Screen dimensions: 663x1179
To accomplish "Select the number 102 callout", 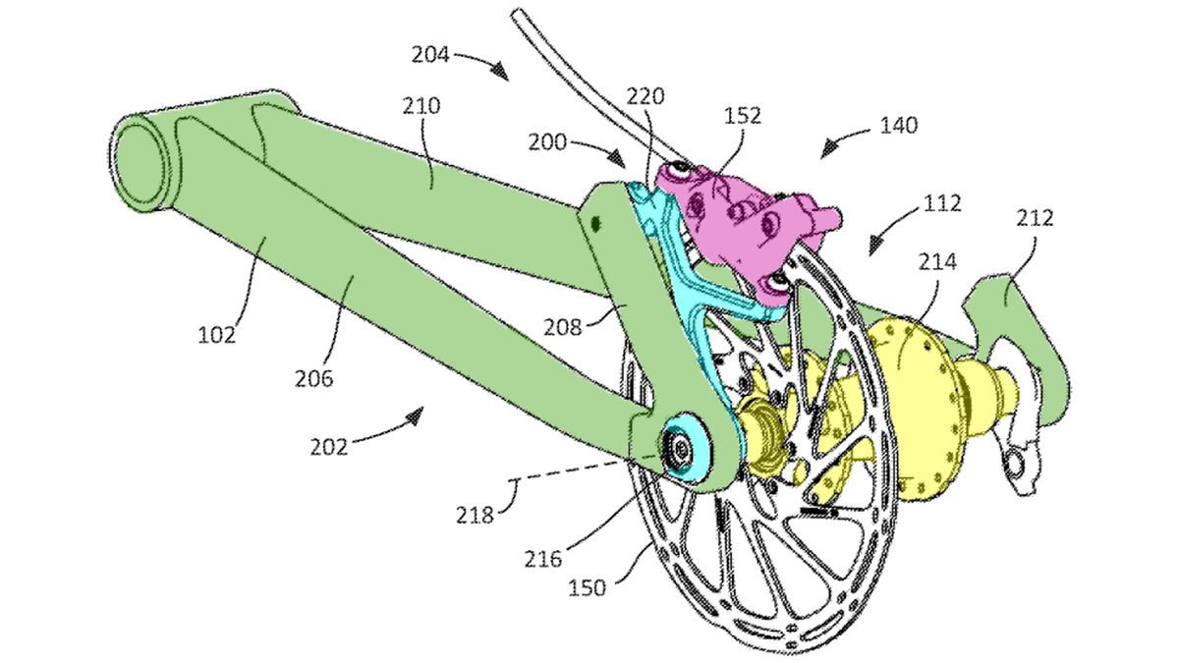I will pos(216,334).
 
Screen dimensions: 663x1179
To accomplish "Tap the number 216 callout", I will pos(542,559).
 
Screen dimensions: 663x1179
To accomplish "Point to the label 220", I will pos(649,96).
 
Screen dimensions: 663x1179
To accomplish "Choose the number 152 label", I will pos(742,115).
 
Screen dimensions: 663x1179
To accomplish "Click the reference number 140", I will pos(898,125).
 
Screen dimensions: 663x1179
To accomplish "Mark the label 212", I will pos(1035,217).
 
